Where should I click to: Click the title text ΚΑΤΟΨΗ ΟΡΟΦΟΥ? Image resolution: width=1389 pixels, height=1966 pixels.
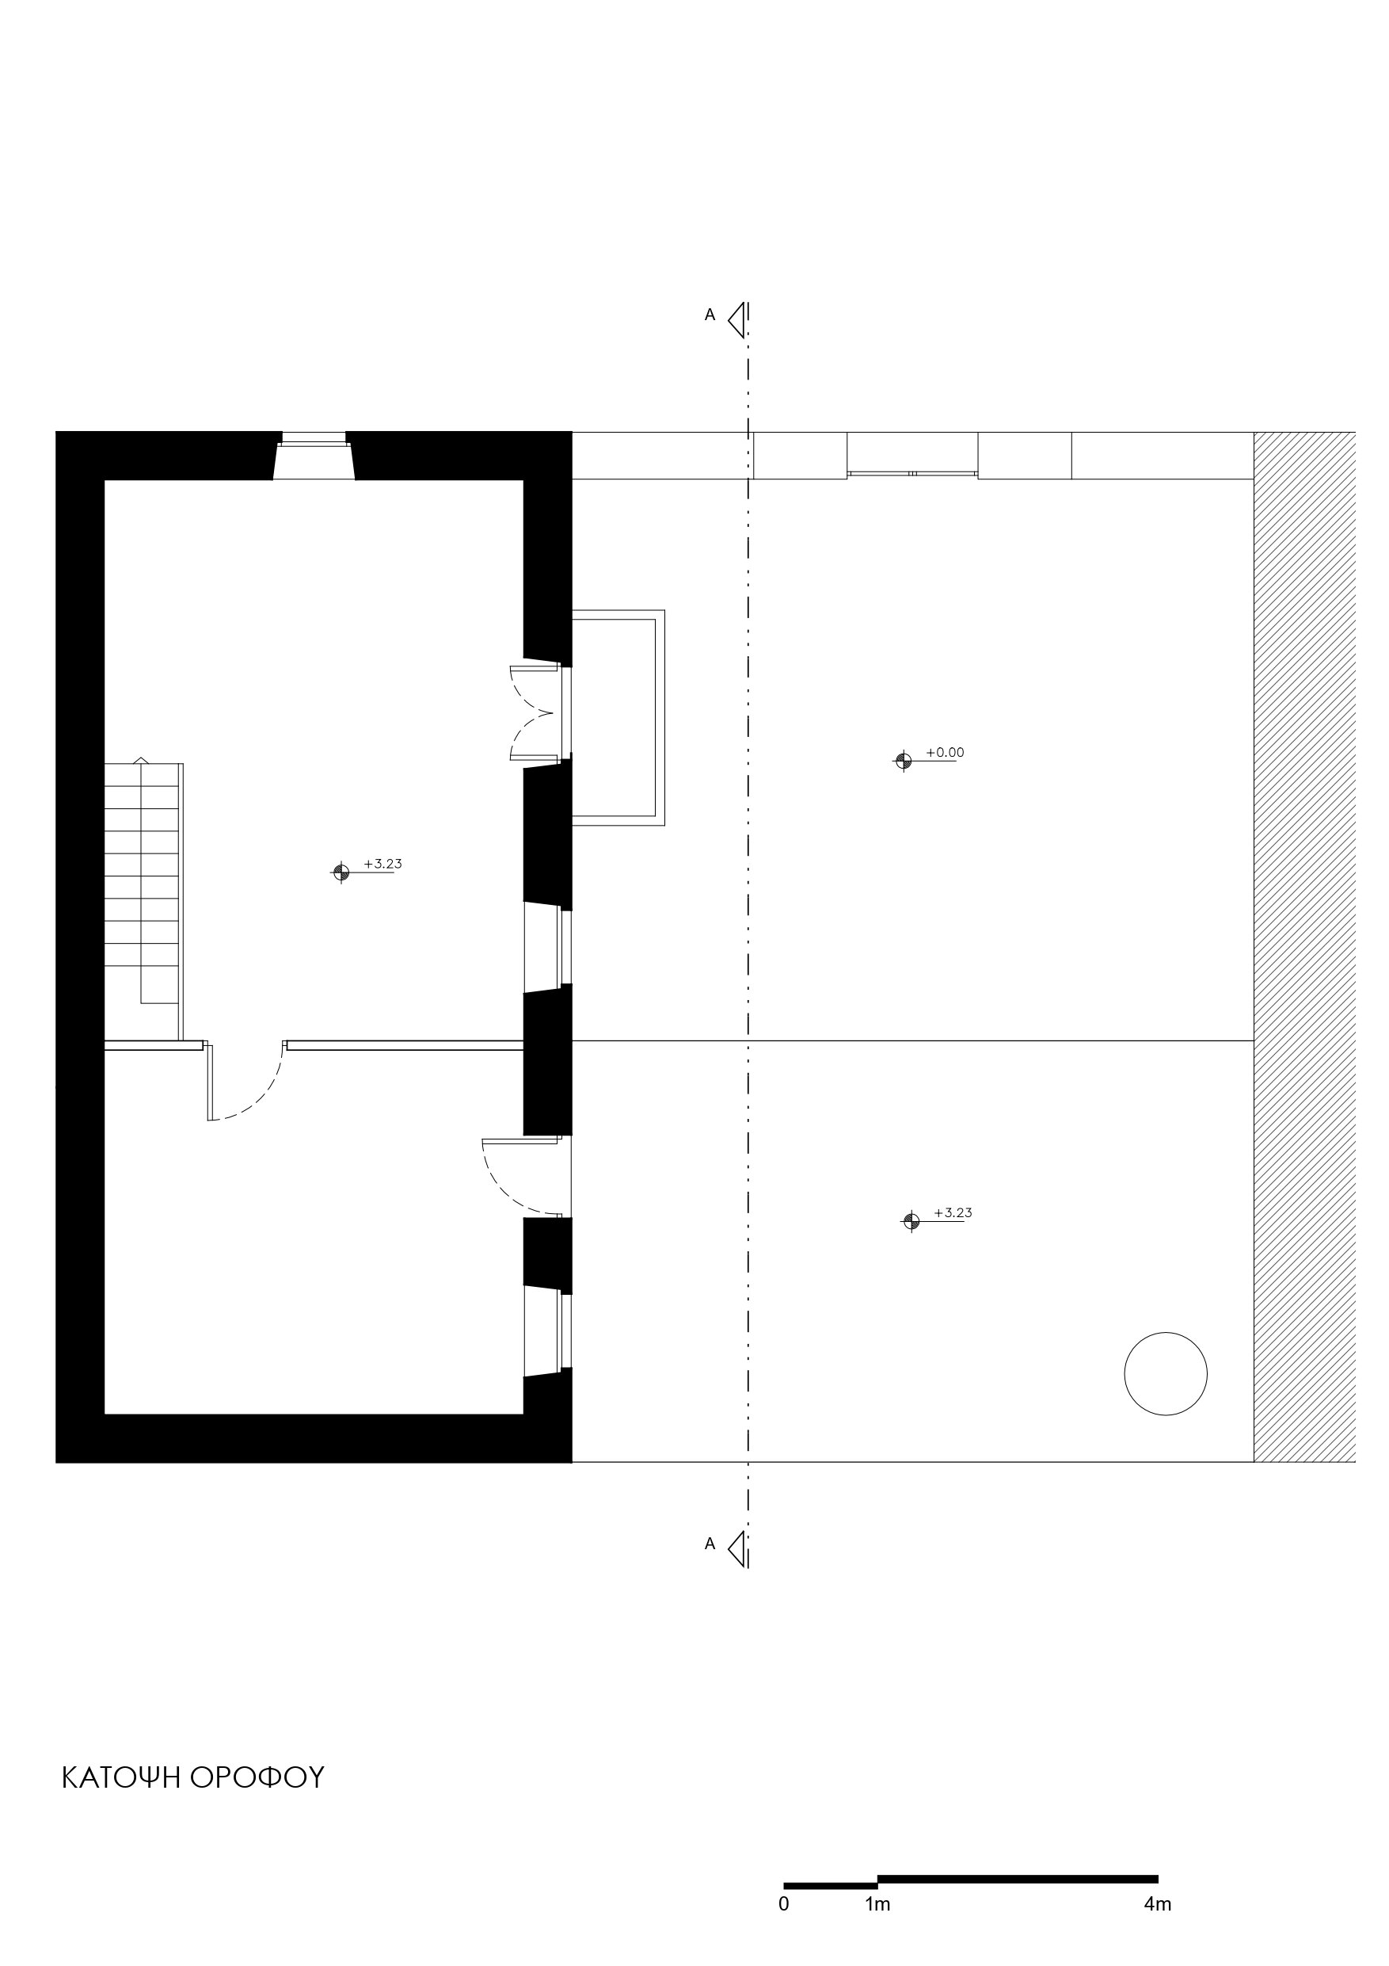192,1777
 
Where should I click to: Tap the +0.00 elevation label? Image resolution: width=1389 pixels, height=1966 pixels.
945,753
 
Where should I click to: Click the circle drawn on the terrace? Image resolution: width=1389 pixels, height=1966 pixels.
1166,1373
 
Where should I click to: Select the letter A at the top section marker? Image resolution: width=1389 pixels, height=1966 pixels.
710,315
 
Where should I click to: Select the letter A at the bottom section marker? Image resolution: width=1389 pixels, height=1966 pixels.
710,1544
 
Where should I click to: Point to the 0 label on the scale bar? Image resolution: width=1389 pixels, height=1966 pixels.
784,1904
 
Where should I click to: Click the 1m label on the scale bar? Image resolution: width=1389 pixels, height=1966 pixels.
877,1904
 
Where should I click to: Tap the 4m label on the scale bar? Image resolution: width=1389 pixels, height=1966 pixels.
1157,1904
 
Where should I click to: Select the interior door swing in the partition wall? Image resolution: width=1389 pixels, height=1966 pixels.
245,1082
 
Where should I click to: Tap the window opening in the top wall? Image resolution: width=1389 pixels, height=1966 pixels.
314,456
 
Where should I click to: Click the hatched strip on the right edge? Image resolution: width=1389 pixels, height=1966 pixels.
1304,946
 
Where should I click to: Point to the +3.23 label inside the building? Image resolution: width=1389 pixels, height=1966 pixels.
382,864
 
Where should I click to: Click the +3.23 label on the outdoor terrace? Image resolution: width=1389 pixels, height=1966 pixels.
953,1213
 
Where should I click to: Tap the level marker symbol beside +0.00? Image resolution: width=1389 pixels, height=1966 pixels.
903,761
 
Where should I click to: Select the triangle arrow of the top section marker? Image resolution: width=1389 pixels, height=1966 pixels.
736,320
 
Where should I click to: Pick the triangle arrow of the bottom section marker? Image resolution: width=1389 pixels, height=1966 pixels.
736,1549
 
